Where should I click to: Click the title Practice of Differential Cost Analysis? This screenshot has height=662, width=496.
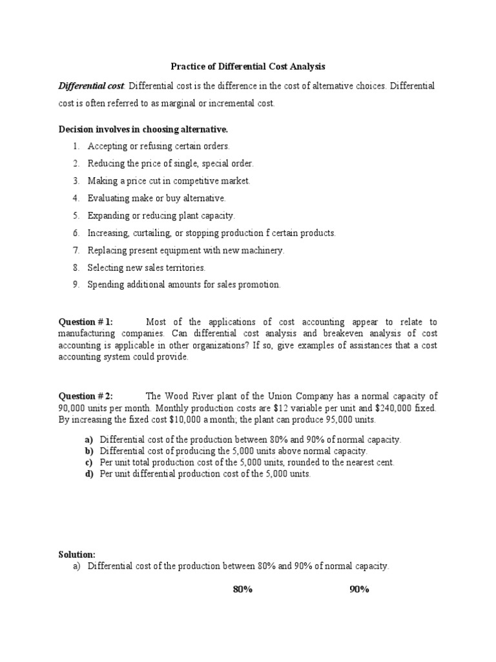pos(248,66)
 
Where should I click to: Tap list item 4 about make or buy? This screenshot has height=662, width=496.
pos(156,198)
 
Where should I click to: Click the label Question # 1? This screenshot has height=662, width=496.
pos(86,322)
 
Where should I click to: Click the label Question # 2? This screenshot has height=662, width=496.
pos(86,396)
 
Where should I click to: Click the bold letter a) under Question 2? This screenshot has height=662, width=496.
pos(88,440)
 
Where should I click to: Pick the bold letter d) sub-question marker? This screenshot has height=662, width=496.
pos(88,474)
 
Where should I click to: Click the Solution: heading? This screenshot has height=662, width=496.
pos(77,555)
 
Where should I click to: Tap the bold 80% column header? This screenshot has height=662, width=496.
pos(242,590)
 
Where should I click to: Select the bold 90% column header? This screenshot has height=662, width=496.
pos(358,590)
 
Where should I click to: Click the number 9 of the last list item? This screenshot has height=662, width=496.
pos(76,284)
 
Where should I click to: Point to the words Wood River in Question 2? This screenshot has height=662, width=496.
pos(194,396)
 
